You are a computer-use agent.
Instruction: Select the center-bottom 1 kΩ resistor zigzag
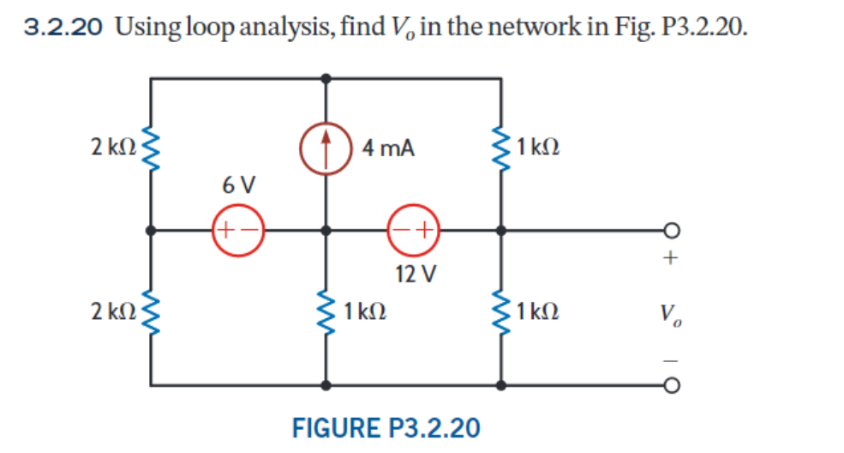coord(326,310)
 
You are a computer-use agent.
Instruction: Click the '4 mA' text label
coord(387,148)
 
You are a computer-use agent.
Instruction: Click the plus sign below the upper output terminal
coord(671,257)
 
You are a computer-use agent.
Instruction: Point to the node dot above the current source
coord(326,77)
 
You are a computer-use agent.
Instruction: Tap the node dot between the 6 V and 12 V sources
coord(326,230)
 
